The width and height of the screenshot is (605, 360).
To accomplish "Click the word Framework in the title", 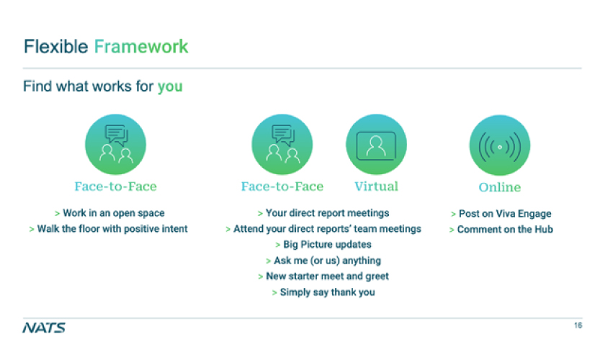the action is [x=141, y=47].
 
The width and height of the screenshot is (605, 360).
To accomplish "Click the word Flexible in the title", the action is [x=56, y=47].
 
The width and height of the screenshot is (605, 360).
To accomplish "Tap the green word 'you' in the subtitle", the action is [x=170, y=87].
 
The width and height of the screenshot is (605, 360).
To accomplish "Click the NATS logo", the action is [x=44, y=328].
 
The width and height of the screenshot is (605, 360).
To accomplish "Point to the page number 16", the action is [x=578, y=325].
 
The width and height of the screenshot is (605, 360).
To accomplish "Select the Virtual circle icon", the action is [x=376, y=144].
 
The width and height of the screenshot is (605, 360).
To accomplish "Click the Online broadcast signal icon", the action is [x=500, y=145].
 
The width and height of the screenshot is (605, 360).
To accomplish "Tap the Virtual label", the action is [x=376, y=186].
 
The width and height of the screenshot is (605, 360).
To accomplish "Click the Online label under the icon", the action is [x=500, y=187].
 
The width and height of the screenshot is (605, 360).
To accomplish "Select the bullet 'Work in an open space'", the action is [x=110, y=213].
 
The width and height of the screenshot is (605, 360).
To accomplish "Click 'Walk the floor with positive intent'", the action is [x=109, y=229].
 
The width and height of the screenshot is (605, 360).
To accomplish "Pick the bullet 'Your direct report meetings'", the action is [x=323, y=213].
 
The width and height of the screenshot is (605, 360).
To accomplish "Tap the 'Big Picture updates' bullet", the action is [x=323, y=245].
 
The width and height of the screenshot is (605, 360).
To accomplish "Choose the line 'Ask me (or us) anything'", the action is [x=323, y=261].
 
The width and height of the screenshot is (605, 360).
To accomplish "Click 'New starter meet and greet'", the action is [x=323, y=276].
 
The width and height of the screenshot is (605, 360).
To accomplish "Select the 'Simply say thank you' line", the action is [x=323, y=292].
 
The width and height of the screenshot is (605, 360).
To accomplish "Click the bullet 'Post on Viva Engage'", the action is [x=501, y=214].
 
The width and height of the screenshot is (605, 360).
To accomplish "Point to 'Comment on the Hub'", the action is [x=501, y=230].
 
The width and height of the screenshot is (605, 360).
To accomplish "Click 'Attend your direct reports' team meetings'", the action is [x=323, y=229].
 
